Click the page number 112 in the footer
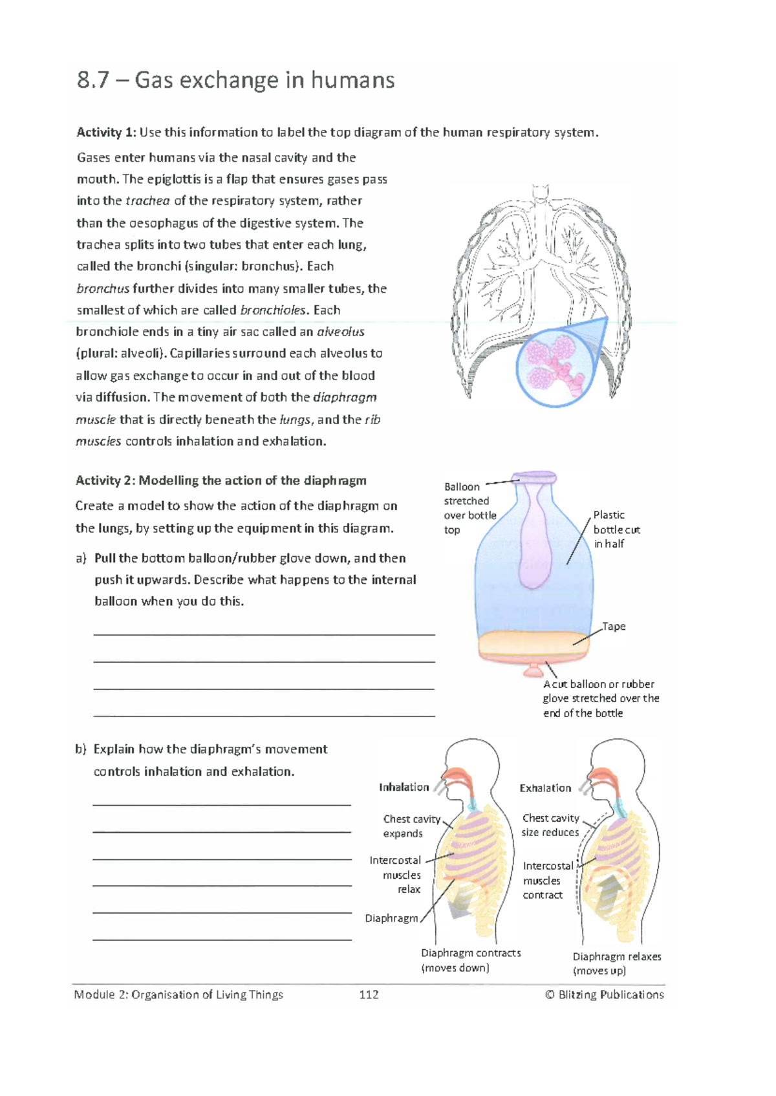pyautogui.click(x=369, y=994)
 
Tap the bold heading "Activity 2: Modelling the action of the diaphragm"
pyautogui.click(x=221, y=480)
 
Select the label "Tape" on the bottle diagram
pyautogui.click(x=614, y=626)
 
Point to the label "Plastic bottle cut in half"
pyautogui.click(x=616, y=529)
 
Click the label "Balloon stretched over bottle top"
pyautogui.click(x=469, y=508)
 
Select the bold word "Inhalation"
pyautogui.click(x=404, y=787)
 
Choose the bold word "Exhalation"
pyautogui.click(x=545, y=788)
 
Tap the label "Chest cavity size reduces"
pyautogui.click(x=550, y=825)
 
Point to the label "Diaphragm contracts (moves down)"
pyautogui.click(x=470, y=960)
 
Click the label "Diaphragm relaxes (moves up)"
pyautogui.click(x=616, y=963)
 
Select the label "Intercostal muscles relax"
pyautogui.click(x=395, y=875)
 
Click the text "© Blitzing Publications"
pyautogui.click(x=605, y=994)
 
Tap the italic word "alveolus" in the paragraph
pyautogui.click(x=341, y=332)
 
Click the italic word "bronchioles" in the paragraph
pyautogui.click(x=272, y=310)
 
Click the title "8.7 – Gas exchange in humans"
pyautogui.click(x=235, y=80)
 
